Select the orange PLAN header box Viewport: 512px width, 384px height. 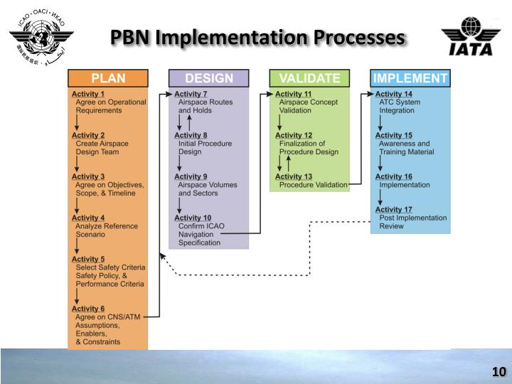107,78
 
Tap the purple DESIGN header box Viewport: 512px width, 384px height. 208,78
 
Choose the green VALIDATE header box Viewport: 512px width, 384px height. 309,78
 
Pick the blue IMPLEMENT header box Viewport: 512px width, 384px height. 410,78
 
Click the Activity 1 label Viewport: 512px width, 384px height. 88,94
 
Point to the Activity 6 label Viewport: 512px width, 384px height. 88,309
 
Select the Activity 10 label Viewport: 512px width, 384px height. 193,218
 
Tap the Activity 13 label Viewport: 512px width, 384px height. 293,176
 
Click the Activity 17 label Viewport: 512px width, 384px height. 394,209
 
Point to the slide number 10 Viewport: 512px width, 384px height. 498,372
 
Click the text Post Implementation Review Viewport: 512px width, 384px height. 413,222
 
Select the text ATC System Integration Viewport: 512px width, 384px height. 400,107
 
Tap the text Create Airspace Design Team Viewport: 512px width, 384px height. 102,148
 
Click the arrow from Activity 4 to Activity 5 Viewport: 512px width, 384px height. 76,246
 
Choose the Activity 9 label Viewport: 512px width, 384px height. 191,176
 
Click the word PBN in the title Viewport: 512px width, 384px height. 134,37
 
